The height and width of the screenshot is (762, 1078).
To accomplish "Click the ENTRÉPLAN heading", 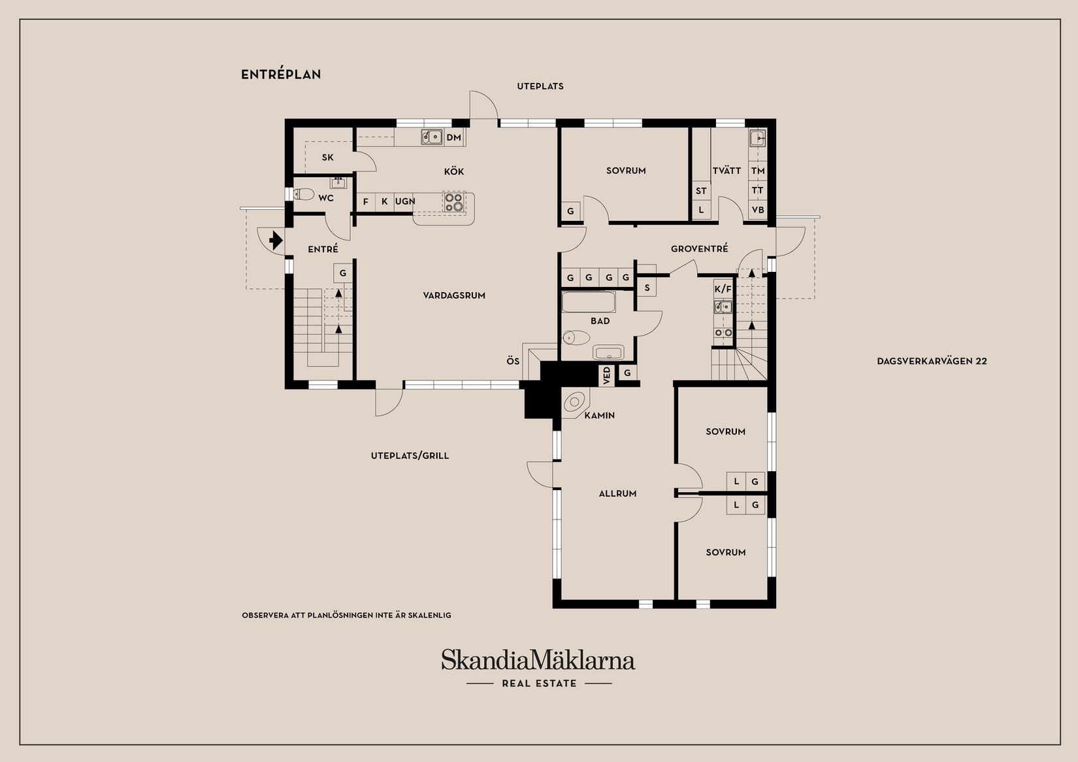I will [281, 75].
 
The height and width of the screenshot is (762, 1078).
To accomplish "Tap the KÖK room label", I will [454, 172].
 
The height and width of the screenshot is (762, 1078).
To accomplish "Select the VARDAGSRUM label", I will [454, 295].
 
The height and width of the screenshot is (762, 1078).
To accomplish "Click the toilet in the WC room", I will [304, 194].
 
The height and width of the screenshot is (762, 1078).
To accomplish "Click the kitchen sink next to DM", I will [431, 137].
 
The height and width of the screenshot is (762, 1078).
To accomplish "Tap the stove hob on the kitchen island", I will [453, 202].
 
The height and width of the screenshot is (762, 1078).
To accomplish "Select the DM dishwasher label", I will [454, 138].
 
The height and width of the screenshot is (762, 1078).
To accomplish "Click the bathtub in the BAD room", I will [589, 303].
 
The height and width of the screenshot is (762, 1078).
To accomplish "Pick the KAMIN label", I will [600, 416].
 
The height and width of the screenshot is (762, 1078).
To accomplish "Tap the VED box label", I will [607, 376].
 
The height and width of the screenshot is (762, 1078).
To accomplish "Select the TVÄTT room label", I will [727, 171].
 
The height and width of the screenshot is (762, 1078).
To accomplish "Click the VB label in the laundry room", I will [758, 210].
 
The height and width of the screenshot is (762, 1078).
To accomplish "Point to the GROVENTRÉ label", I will [699, 249].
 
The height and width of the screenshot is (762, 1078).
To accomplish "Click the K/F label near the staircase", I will [723, 289].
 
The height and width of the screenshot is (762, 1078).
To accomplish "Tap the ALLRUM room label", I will [617, 494].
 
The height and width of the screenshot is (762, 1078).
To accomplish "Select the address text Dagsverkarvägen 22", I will [932, 361].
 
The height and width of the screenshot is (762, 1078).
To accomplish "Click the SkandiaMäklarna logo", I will [538, 660].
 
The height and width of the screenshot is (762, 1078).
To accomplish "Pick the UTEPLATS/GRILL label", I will [410, 456].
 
